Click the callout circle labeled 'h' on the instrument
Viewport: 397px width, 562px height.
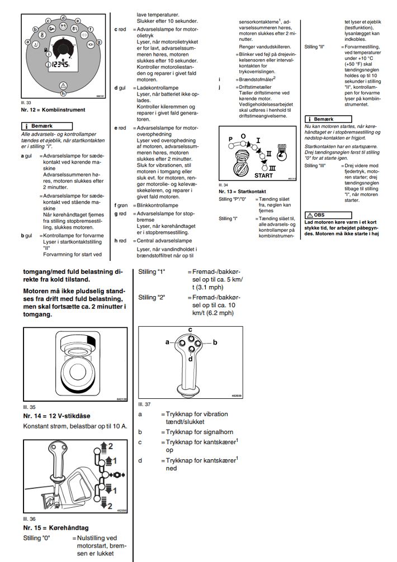[63, 93]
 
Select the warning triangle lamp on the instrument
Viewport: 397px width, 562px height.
[63, 85]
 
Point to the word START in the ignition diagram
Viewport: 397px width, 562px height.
[263, 175]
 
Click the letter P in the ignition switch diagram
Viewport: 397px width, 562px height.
[230, 138]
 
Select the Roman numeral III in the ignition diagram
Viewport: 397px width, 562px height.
[272, 167]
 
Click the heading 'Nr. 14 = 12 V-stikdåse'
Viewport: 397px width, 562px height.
[56, 416]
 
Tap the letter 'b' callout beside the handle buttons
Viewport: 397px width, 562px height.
[215, 340]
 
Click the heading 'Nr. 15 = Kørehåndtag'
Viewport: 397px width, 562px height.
[55, 527]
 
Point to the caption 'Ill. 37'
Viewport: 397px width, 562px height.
[144, 404]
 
